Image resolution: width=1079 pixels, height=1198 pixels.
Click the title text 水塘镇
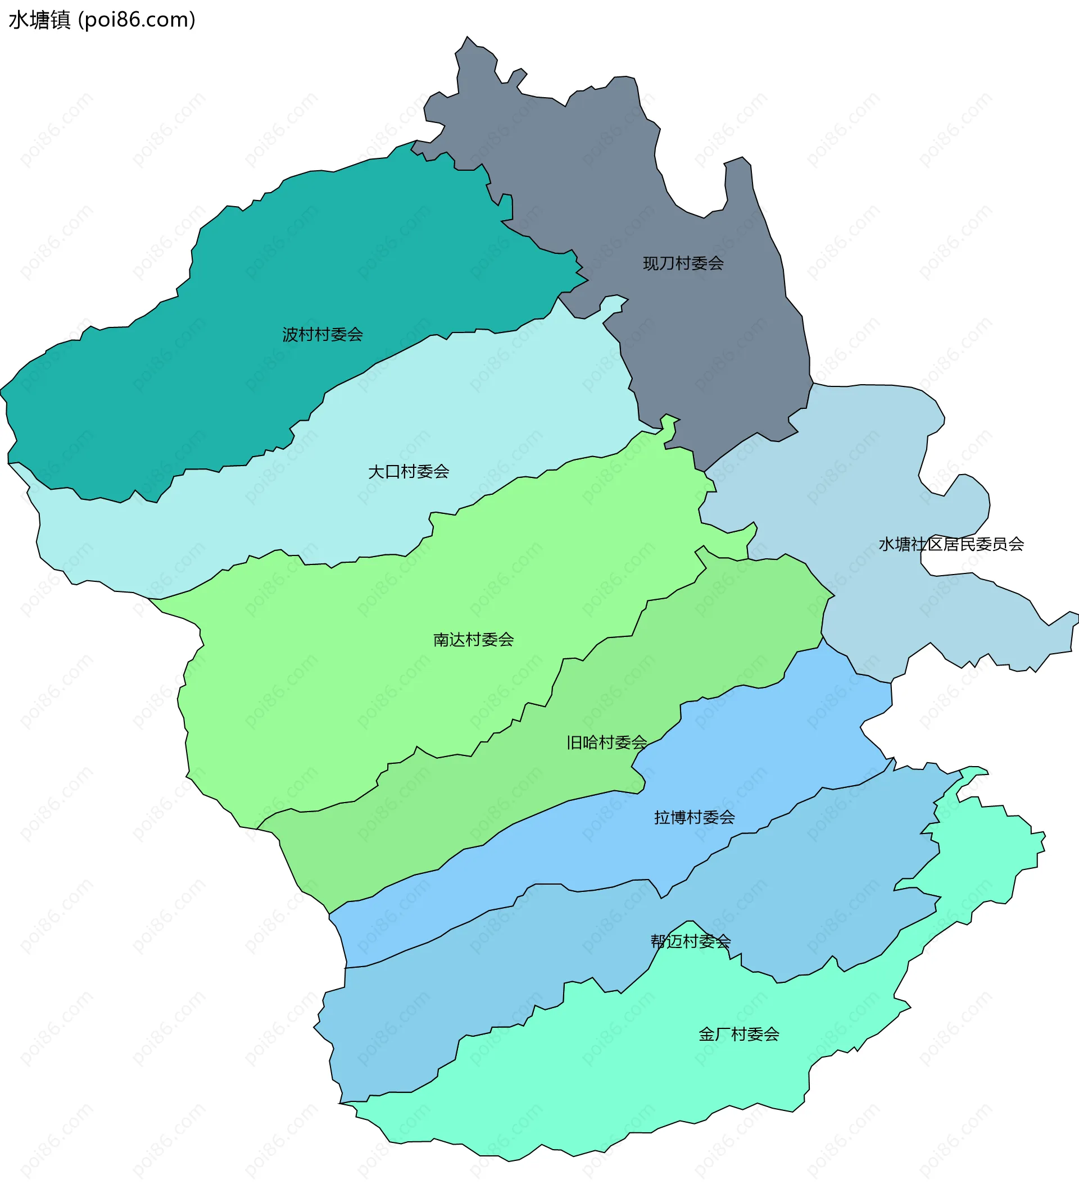(x=39, y=20)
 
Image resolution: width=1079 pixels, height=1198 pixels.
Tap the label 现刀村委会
(x=683, y=263)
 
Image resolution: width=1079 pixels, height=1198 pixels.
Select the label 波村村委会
(x=323, y=335)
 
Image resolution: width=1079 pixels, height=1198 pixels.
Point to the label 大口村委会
(x=409, y=472)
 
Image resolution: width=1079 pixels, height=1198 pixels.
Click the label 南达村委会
(x=473, y=639)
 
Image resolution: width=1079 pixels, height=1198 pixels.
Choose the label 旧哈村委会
(x=606, y=743)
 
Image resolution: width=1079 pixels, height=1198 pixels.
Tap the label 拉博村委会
(x=694, y=818)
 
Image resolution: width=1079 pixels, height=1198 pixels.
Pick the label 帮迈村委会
(x=690, y=941)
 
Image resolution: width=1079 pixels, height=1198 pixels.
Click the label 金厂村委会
(x=738, y=1035)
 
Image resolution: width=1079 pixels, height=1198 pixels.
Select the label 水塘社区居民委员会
(x=951, y=544)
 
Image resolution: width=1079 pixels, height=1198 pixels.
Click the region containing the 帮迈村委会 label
(x=474, y=978)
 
